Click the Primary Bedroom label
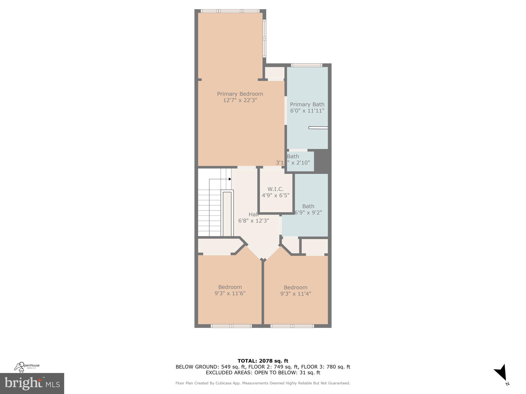pos(240,94)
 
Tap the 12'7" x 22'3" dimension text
pos(240,100)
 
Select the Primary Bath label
pos(307,104)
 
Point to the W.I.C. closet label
pos(275,189)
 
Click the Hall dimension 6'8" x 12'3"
pos(254,221)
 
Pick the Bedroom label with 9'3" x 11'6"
pos(230,287)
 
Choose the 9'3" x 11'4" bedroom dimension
pos(296,294)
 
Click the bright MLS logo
pos(32,383)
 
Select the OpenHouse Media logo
pos(27,367)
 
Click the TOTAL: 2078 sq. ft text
pos(263,361)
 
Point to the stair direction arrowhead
pos(230,179)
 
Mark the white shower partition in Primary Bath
pos(318,128)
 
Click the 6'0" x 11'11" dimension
pos(307,111)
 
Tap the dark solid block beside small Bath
pos(322,161)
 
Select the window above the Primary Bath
pos(307,65)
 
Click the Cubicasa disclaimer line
pos(263,383)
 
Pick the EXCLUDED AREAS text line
pos(263,372)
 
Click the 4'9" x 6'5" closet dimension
pos(275,195)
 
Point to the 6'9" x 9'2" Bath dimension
pos(308,212)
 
